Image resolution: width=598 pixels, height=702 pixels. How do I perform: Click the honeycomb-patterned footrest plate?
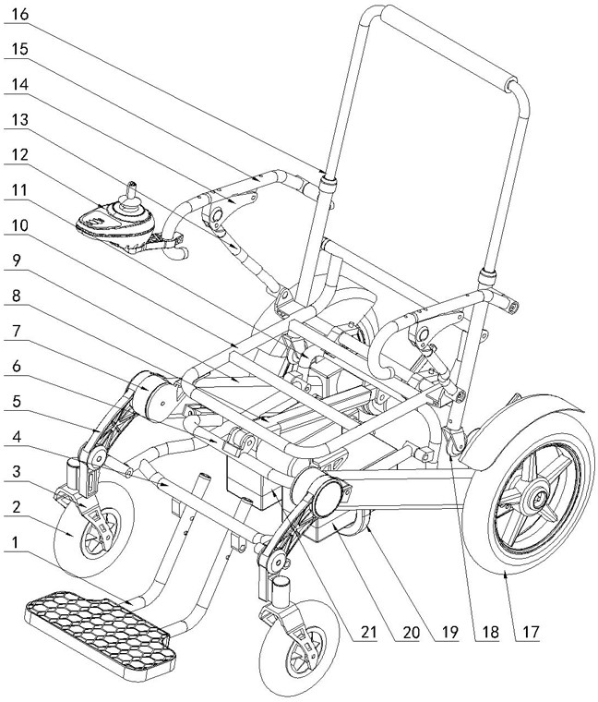[97, 623]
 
